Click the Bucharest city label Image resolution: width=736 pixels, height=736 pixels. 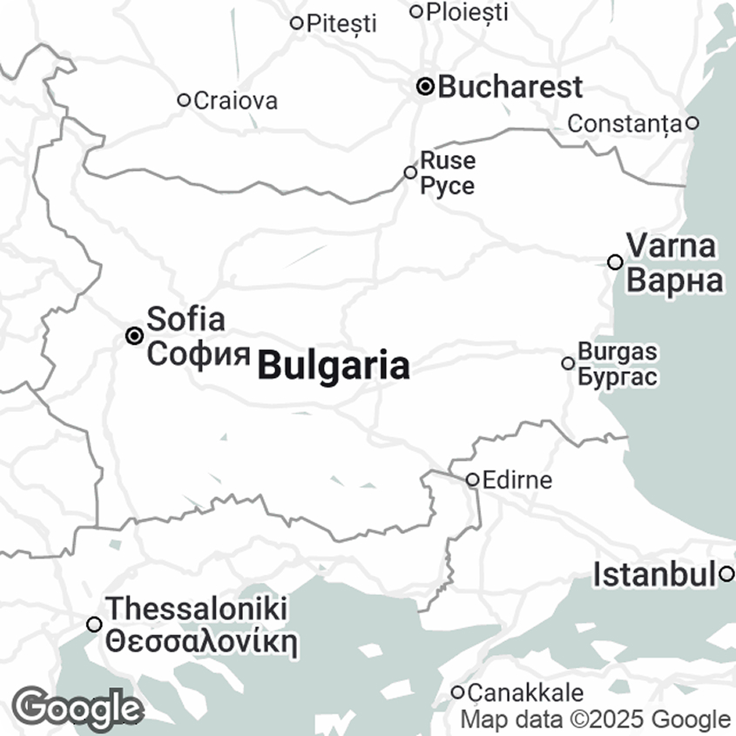pos(510,87)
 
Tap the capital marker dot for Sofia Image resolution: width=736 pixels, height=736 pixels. pos(135,335)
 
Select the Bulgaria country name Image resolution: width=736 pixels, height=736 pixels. pos(334,366)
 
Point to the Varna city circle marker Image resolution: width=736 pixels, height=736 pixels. pos(615,261)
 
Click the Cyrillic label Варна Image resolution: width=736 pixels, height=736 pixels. pos(675,281)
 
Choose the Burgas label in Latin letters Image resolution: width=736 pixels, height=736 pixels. pos(618,352)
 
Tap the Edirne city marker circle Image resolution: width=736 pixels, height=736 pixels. pos(472,480)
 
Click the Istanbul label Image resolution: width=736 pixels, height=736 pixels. pos(655,575)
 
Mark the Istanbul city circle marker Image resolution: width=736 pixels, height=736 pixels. pos(726,574)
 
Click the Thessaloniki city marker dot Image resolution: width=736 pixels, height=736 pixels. pos(94,624)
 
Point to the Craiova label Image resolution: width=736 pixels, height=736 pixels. pos(236,100)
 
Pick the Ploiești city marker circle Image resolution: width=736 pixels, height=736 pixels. pos(416,11)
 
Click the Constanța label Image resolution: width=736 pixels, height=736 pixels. pos(624,124)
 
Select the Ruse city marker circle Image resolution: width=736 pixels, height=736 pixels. pos(410,172)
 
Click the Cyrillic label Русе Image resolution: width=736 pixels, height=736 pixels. pos(448,186)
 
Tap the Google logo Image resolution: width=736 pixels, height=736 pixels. pos(78,709)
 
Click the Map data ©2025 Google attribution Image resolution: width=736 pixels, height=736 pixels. pos(596,719)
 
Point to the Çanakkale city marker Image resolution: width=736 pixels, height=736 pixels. pos(458,692)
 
